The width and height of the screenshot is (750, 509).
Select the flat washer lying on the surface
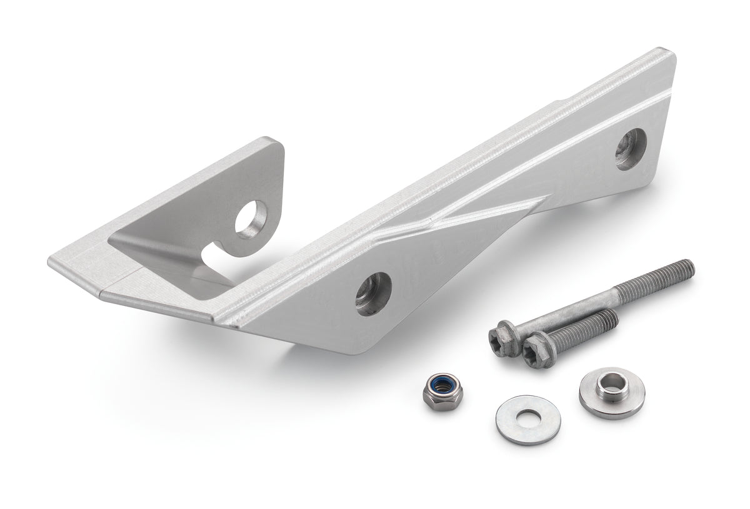click(527, 419)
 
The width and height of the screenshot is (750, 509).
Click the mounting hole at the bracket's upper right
click(629, 149)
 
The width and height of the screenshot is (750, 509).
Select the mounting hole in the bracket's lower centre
click(373, 294)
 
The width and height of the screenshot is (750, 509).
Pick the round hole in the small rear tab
click(251, 220)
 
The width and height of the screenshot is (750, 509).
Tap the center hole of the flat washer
click(527, 417)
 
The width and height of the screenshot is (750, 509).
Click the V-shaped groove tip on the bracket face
click(432, 221)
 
